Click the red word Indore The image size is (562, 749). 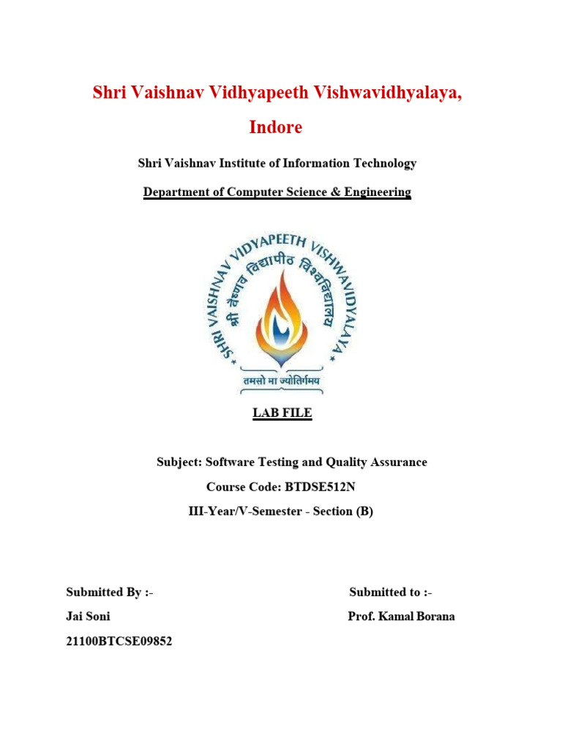276,127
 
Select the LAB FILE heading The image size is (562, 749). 282,413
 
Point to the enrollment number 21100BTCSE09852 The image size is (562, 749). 119,642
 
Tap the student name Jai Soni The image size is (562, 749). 88,617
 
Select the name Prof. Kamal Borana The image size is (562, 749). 401,617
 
